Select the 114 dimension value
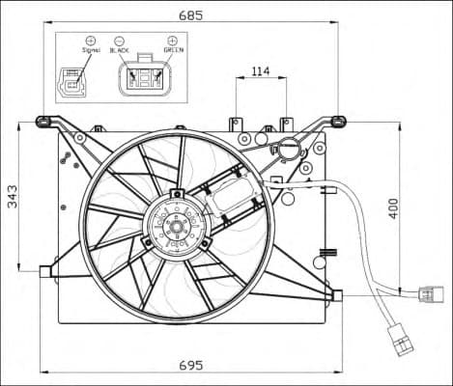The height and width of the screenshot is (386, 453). click(x=261, y=70)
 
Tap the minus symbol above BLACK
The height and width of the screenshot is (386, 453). click(x=120, y=41)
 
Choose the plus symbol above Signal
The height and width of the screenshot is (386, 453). click(x=91, y=41)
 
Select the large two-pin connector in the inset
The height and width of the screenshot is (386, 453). click(x=145, y=78)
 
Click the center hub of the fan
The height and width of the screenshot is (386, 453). click(x=176, y=228)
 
